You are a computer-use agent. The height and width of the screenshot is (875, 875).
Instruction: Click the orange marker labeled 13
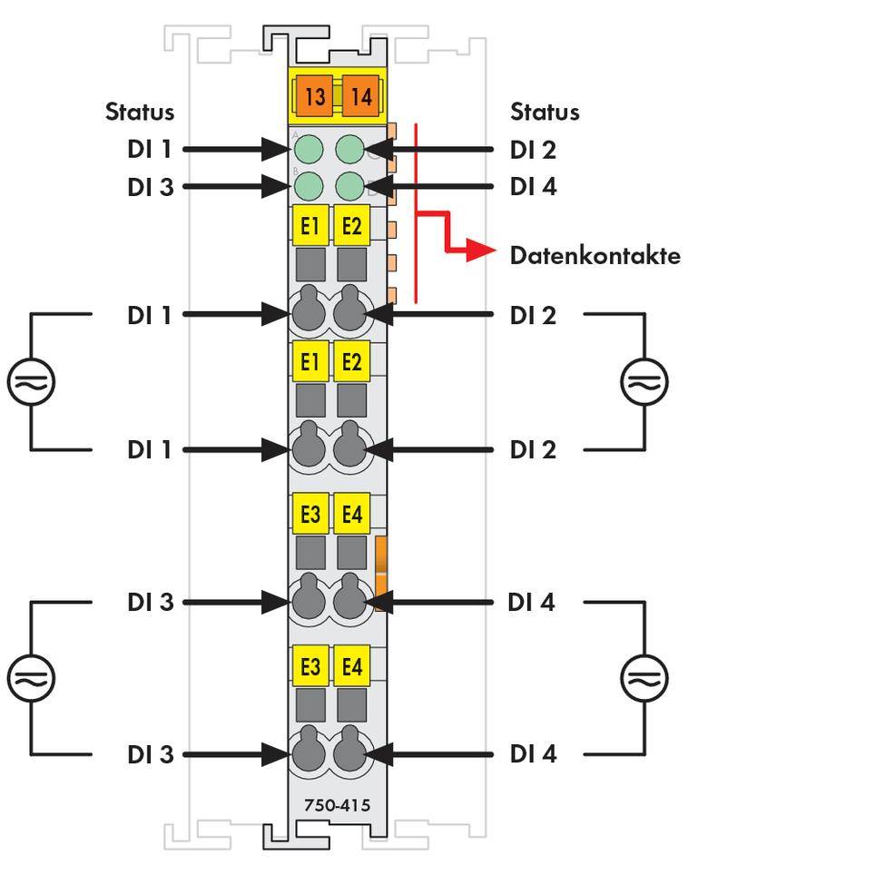(315, 95)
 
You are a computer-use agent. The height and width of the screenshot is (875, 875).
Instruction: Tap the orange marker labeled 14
(360, 95)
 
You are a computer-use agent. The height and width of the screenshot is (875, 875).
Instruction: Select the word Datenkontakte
(595, 255)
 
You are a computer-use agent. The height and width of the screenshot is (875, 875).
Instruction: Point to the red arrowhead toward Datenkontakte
(477, 251)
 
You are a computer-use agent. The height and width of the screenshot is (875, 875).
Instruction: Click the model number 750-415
(337, 805)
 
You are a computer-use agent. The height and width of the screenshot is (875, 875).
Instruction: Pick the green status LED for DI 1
(310, 149)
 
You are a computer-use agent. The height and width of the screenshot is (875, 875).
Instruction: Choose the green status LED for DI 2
(350, 149)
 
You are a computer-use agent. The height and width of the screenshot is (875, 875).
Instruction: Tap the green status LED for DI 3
(310, 186)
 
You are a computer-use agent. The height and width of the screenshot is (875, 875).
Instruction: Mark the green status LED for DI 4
(350, 186)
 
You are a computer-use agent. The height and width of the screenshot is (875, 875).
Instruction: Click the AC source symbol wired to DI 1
(31, 381)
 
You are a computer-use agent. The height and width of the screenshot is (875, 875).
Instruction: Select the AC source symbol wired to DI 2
(644, 381)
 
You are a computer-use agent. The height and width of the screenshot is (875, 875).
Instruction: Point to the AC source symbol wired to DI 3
(31, 677)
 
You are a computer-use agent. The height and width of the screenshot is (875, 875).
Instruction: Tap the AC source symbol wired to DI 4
(644, 677)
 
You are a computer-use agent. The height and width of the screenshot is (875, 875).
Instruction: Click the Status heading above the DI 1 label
(139, 112)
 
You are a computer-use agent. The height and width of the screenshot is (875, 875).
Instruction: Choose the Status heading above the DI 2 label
(545, 112)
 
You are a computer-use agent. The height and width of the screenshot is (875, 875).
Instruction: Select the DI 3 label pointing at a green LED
(150, 187)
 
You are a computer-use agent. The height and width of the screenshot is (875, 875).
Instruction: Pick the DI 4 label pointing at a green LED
(533, 187)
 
